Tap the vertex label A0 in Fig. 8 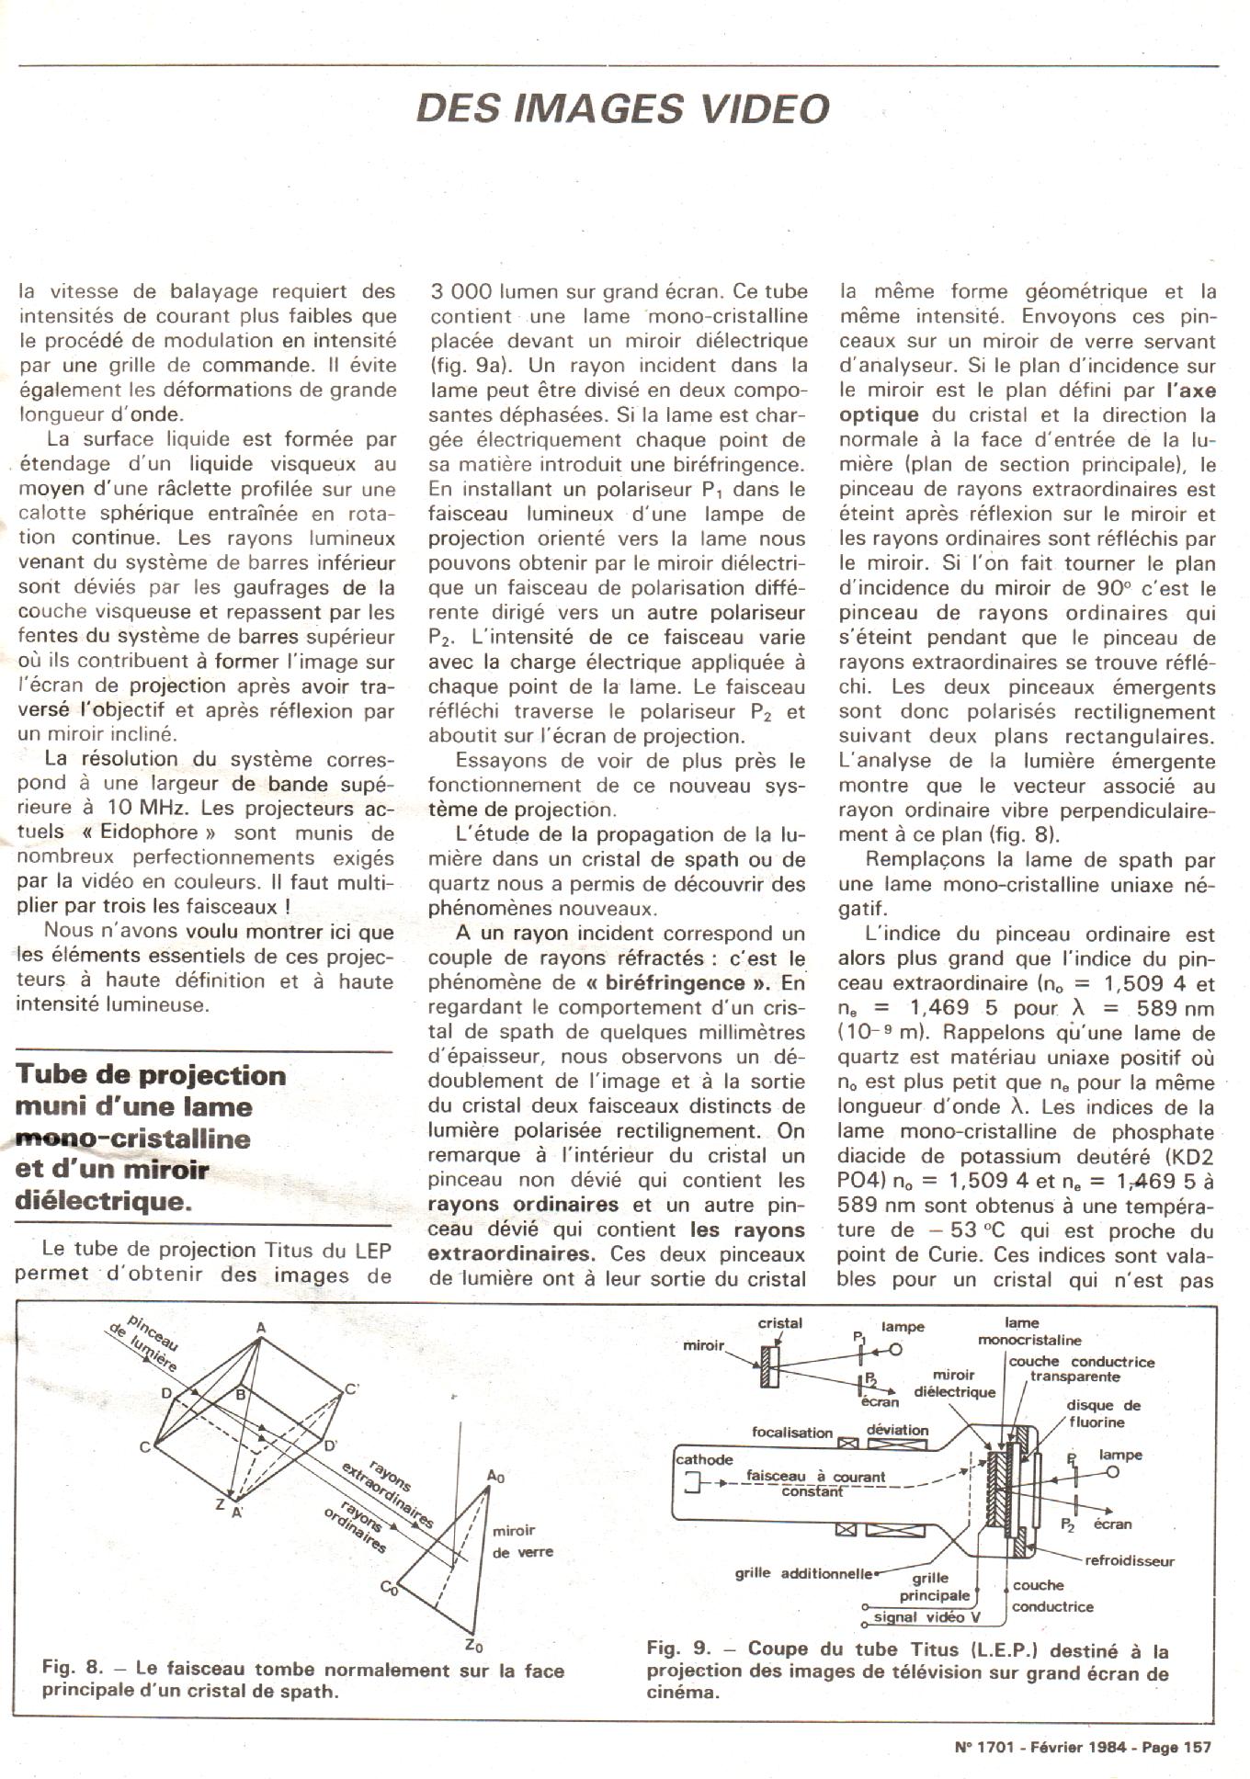pyautogui.click(x=495, y=1477)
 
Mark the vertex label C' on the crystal pyautogui.click(x=351, y=1389)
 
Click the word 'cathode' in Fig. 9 pyautogui.click(x=704, y=1459)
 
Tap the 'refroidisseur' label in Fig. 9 pyautogui.click(x=1130, y=1560)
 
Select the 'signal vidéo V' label pyautogui.click(x=926, y=1616)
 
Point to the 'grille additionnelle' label pyautogui.click(x=802, y=1572)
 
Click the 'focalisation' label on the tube pyautogui.click(x=791, y=1432)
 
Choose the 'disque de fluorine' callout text pyautogui.click(x=1102, y=1413)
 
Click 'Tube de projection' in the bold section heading pyautogui.click(x=151, y=1075)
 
